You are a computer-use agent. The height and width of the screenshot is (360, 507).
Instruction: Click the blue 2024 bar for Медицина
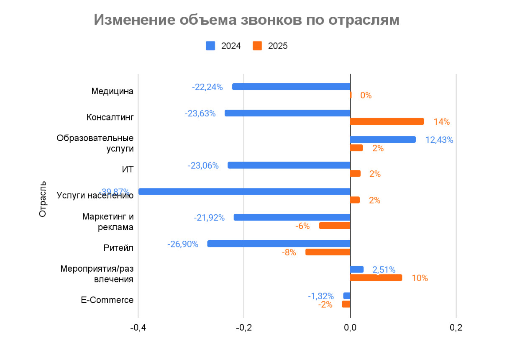click(291, 87)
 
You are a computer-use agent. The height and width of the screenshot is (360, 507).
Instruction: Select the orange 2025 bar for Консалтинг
click(387, 121)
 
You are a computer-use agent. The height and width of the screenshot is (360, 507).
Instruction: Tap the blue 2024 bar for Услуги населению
click(244, 191)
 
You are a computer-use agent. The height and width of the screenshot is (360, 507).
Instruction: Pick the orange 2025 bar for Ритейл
click(328, 252)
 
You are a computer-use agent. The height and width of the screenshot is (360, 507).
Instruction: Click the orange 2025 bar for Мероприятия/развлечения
click(376, 278)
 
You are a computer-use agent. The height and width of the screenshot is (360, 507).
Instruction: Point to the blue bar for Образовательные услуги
click(383, 139)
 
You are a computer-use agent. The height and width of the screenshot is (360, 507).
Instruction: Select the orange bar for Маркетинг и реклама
click(335, 226)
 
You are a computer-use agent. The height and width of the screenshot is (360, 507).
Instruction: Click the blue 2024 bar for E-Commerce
click(347, 296)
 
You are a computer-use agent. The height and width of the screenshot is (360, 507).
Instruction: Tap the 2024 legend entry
click(223, 46)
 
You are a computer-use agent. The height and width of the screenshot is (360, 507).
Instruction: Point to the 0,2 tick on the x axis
click(456, 328)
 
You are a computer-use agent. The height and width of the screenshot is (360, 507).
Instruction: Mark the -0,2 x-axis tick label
click(243, 328)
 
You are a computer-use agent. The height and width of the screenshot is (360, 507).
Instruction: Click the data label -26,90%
click(183, 244)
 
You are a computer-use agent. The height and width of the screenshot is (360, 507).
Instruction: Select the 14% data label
click(441, 122)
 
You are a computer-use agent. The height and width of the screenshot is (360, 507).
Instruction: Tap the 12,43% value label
click(439, 140)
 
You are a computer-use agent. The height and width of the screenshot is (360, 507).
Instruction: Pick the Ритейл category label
click(118, 248)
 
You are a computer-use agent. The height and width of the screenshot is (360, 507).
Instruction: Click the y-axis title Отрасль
click(43, 199)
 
